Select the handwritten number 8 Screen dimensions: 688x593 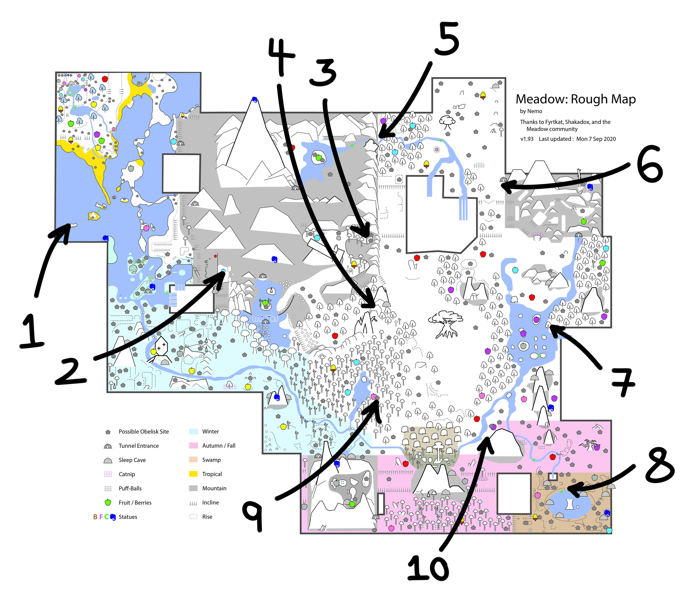[x=659, y=467]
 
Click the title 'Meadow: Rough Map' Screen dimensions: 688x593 [x=576, y=99]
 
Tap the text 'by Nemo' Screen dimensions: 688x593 [x=531, y=111]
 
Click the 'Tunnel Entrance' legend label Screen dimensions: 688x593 [x=139, y=446]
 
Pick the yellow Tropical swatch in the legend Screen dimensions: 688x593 [x=193, y=474]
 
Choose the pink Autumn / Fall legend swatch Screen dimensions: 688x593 [x=193, y=446]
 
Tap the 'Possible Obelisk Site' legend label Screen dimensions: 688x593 [x=143, y=432]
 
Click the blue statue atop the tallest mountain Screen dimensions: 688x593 [x=255, y=99]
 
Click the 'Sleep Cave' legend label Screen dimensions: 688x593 [x=132, y=460]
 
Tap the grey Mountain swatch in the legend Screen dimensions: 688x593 [x=193, y=488]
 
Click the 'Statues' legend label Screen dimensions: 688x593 [x=128, y=517]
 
